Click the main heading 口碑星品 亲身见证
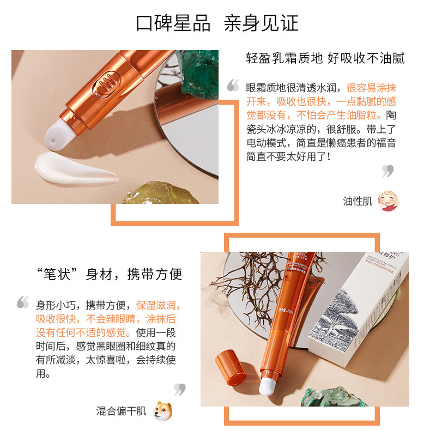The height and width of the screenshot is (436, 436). pos(217,23)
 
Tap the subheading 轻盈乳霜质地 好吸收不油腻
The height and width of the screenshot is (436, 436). pos(325,59)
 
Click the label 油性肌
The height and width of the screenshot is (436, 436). pos(358,202)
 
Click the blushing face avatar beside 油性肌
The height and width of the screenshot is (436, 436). pos(388,201)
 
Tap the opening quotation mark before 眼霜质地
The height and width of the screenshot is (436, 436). pos(233,85)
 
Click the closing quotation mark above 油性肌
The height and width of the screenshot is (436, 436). pos(387,171)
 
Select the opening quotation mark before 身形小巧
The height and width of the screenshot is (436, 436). pos(23,301)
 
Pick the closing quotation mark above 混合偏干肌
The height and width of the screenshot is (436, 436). pos(180,389)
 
